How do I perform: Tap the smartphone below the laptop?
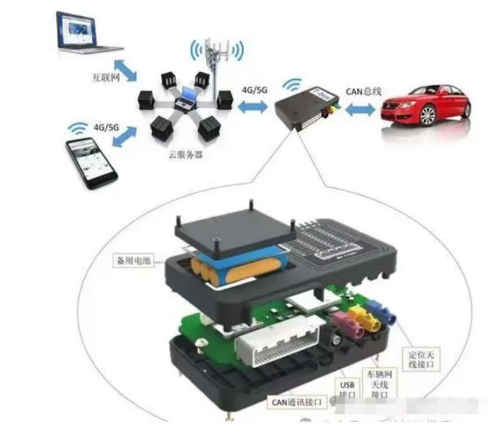(x=91, y=160)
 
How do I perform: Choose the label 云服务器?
(x=185, y=153)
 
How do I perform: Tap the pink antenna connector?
(x=342, y=323)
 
